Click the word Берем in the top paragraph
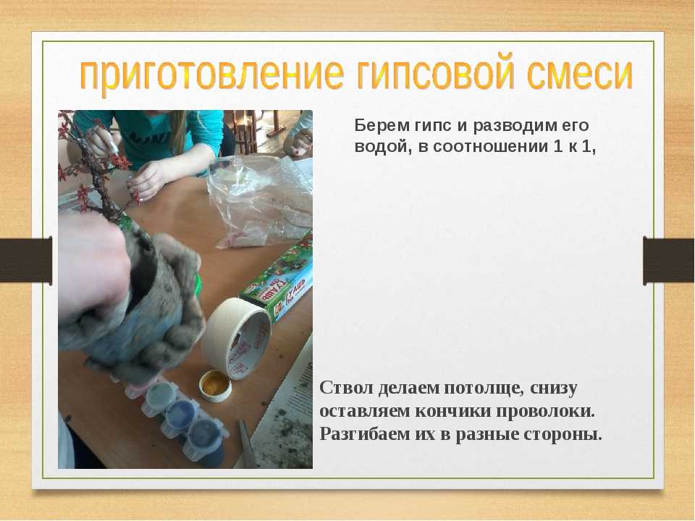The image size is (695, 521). coord(382,125)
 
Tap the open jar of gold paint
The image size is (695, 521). coord(215,386)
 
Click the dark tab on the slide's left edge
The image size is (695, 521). coord(26,260)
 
